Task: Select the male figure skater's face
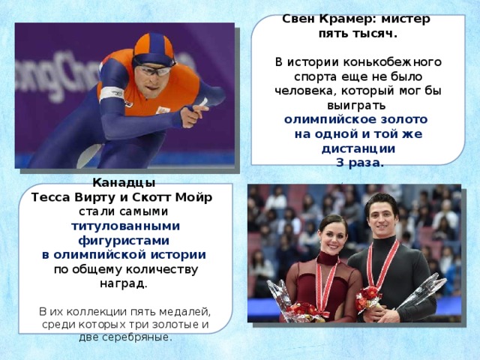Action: (x=379, y=212)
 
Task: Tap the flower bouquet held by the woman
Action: (x=301, y=309)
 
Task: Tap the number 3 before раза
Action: (x=340, y=162)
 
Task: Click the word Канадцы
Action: (x=124, y=182)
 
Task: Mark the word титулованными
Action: (x=125, y=225)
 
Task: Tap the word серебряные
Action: (x=139, y=337)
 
